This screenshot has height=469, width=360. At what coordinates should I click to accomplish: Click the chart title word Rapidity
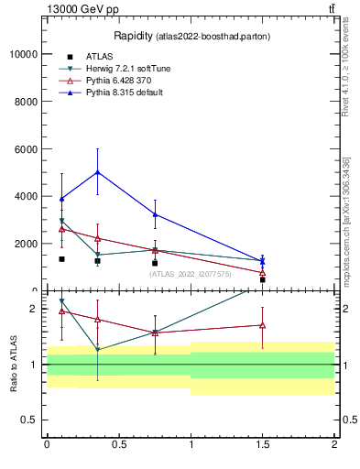[x=134, y=36]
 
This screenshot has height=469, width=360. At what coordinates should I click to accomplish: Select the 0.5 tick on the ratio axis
[x=29, y=420]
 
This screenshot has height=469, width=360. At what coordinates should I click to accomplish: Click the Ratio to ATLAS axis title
[x=13, y=364]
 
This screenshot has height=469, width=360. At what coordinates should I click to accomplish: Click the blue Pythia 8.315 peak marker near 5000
[x=97, y=172]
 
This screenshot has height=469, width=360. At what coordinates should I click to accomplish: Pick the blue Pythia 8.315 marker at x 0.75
[x=155, y=214]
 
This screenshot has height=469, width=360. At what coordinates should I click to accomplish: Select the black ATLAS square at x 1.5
[x=263, y=279]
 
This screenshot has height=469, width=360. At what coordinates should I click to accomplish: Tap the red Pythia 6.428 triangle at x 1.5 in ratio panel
[x=263, y=324]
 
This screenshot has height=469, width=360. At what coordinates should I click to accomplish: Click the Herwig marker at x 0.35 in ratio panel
[x=97, y=349]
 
